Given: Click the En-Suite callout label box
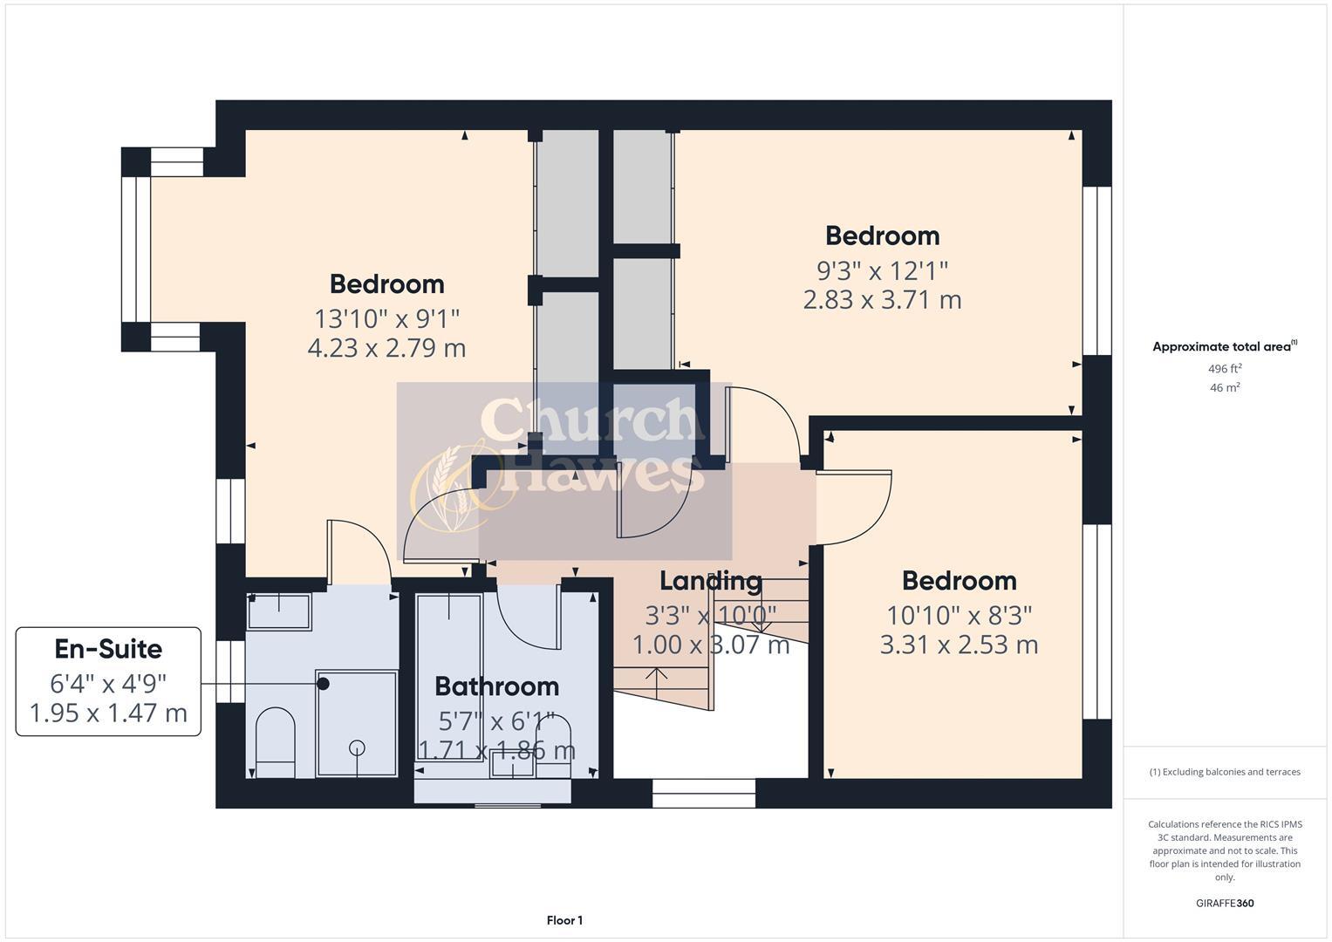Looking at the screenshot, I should point(108,681).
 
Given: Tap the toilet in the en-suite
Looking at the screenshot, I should point(276,742).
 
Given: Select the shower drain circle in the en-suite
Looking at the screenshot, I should point(357,747).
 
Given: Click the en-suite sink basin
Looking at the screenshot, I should point(279,611).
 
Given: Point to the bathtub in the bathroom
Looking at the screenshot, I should point(449,676).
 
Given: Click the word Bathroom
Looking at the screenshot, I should point(496,686).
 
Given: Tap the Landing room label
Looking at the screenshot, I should point(710,581).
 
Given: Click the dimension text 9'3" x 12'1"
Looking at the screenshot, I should point(882,270).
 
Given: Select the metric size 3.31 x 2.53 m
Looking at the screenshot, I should point(959,645).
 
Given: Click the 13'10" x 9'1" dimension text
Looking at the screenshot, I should point(386,318).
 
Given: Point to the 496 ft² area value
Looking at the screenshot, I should point(1225,369).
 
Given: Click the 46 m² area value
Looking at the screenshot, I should point(1225,388).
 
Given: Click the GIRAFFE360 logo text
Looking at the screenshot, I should point(1224,903).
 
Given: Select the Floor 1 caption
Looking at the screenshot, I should point(564,920).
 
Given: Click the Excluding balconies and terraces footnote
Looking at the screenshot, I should point(1225,772).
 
